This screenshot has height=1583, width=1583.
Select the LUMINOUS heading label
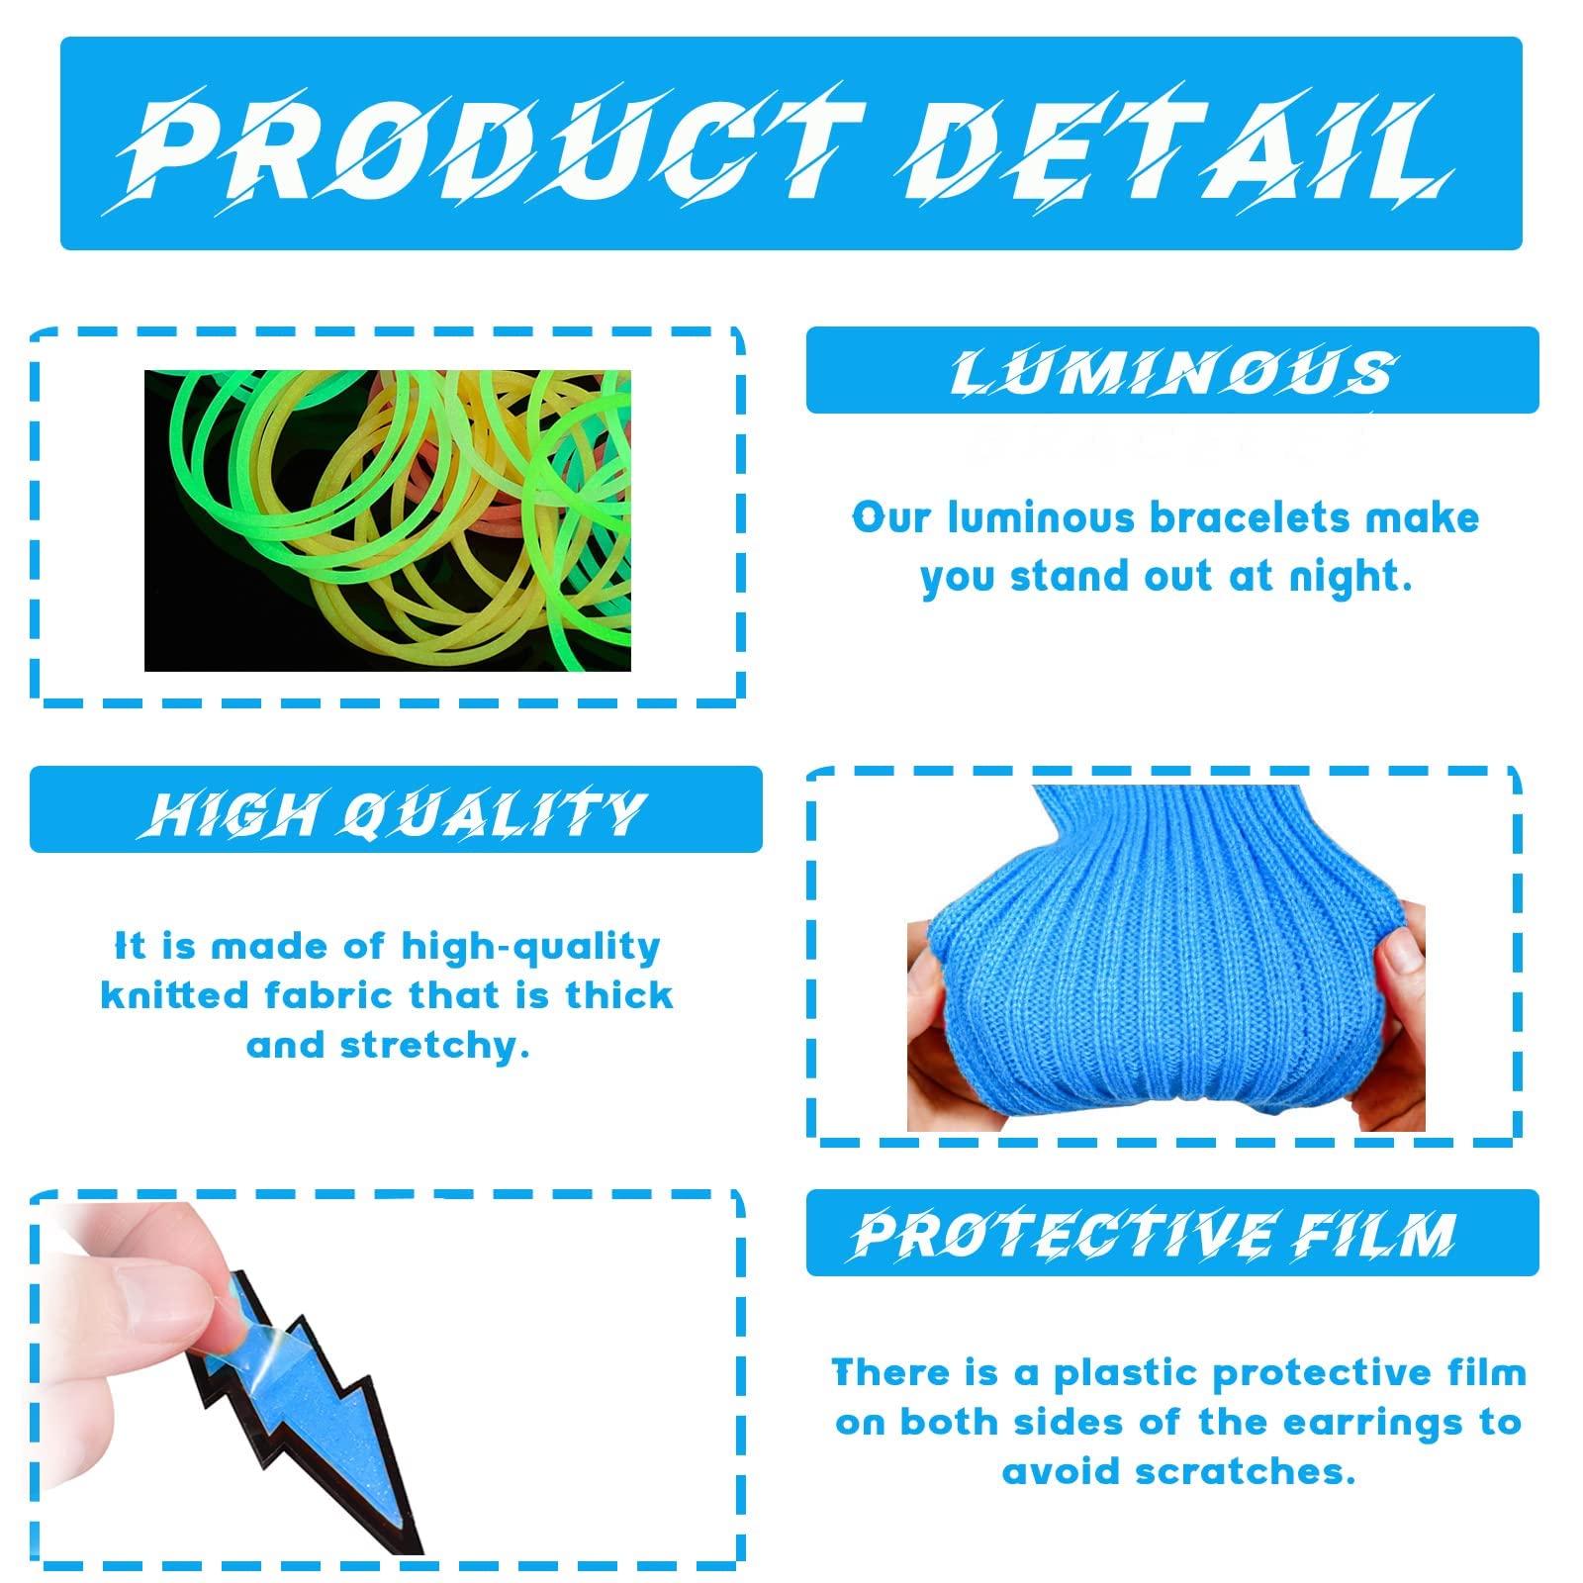(x=1173, y=373)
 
